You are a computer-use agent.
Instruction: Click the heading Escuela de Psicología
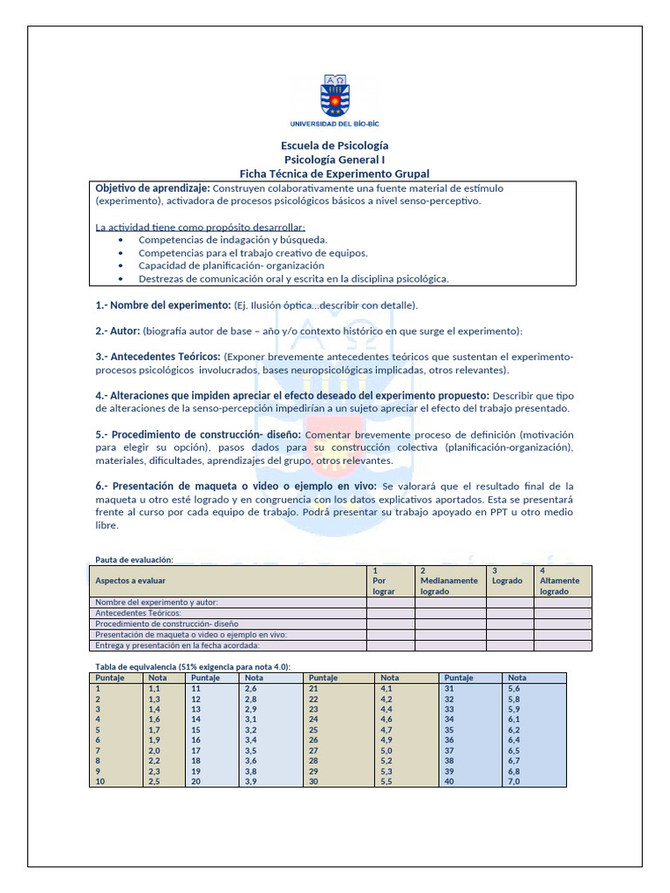334,146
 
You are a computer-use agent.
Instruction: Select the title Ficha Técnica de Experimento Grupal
334,174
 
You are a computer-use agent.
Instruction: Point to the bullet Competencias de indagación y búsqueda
233,239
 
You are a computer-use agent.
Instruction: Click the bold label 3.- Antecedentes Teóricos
157,357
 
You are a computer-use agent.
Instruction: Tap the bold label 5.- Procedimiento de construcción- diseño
198,433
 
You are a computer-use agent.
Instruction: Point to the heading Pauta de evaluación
133,559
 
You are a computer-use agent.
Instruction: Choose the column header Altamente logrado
559,585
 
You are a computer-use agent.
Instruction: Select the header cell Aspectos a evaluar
131,580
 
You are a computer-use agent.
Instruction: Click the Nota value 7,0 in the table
514,781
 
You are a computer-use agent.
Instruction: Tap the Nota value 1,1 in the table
154,688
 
